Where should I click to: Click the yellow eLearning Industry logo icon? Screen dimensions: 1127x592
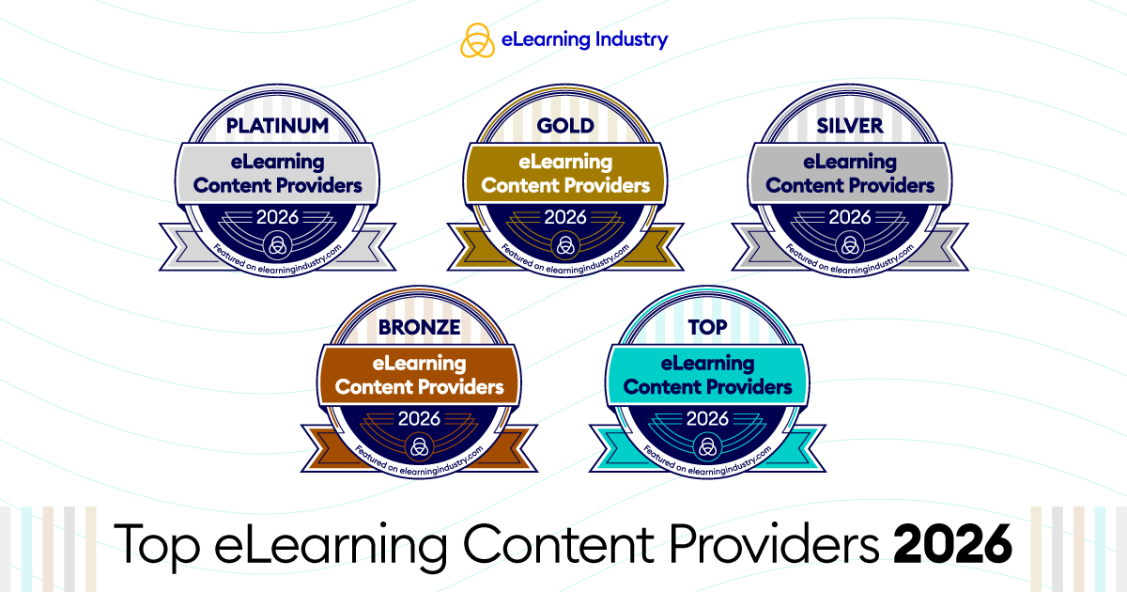pyautogui.click(x=477, y=39)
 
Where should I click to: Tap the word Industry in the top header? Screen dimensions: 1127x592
pyautogui.click(x=632, y=39)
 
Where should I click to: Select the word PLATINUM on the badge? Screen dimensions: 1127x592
pyautogui.click(x=277, y=126)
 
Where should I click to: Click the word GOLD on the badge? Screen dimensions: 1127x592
pyautogui.click(x=565, y=126)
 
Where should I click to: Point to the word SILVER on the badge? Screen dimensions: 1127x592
pyautogui.click(x=850, y=126)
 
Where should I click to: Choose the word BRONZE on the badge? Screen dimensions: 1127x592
pyautogui.click(x=419, y=327)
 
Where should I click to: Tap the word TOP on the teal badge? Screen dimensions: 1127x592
pyautogui.click(x=707, y=327)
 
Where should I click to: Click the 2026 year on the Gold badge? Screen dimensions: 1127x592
pyautogui.click(x=565, y=217)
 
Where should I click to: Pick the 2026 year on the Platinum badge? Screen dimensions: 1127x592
pyautogui.click(x=277, y=217)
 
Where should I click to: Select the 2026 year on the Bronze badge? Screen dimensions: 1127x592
pyautogui.click(x=419, y=418)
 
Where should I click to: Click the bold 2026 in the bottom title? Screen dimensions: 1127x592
pyautogui.click(x=952, y=544)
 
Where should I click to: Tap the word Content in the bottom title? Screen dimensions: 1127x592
pyautogui.click(x=559, y=544)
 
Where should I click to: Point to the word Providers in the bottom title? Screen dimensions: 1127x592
pyautogui.click(x=775, y=544)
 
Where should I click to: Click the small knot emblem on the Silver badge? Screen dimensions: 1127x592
pyautogui.click(x=850, y=245)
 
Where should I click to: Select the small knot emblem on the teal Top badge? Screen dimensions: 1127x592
pyautogui.click(x=707, y=446)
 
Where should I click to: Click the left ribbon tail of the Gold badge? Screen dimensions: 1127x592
pyautogui.click(x=468, y=246)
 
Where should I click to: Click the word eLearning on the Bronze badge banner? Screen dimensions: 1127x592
pyautogui.click(x=419, y=364)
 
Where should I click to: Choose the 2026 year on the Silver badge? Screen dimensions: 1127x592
pyautogui.click(x=850, y=217)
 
